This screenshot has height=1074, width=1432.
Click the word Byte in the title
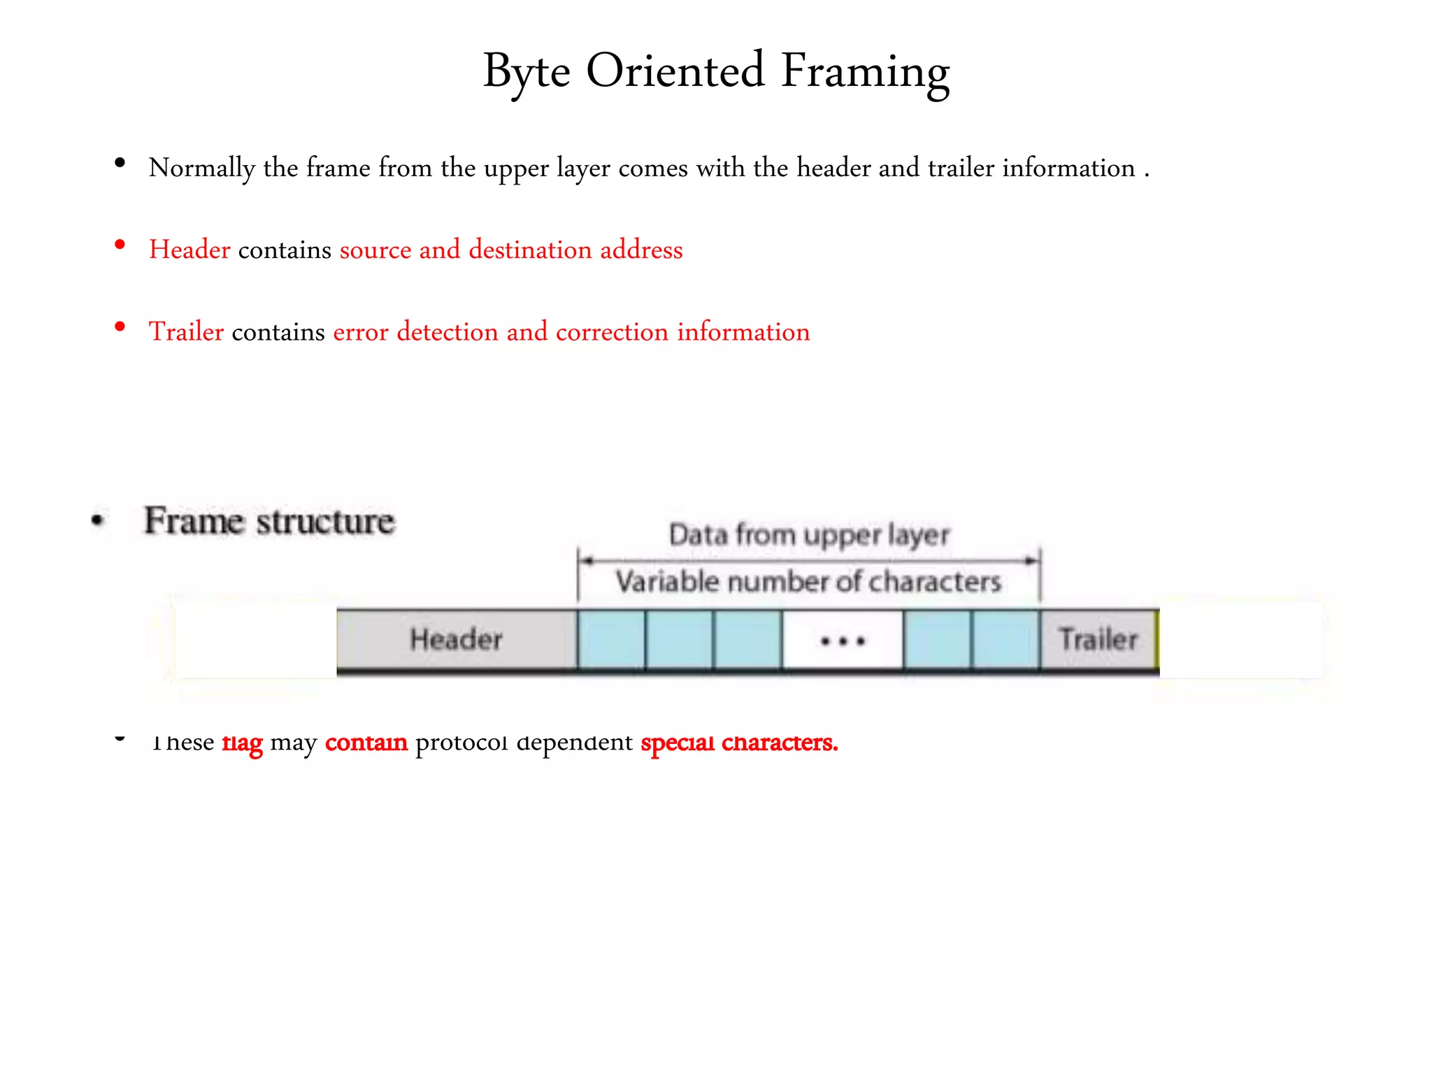(526, 72)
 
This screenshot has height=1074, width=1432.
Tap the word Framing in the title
(865, 72)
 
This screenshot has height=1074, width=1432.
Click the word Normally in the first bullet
(201, 169)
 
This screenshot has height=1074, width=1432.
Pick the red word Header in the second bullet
(189, 250)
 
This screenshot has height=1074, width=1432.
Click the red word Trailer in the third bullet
(186, 331)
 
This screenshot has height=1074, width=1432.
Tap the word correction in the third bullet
(612, 331)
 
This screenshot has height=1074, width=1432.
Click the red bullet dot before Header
(120, 245)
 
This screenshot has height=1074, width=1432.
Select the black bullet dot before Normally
(120, 163)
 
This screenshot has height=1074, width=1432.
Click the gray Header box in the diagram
(457, 639)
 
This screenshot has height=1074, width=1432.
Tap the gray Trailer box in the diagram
(1098, 639)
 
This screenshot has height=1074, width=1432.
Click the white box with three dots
(843, 639)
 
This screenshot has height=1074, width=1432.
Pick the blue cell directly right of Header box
(611, 639)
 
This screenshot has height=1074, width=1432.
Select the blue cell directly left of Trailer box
(1005, 639)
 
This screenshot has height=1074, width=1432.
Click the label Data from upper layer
(809, 535)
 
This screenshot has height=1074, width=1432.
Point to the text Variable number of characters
(808, 582)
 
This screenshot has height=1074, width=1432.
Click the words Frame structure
(269, 521)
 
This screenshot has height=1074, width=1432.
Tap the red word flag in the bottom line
(242, 742)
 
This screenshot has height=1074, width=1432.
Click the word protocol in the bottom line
(461, 742)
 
